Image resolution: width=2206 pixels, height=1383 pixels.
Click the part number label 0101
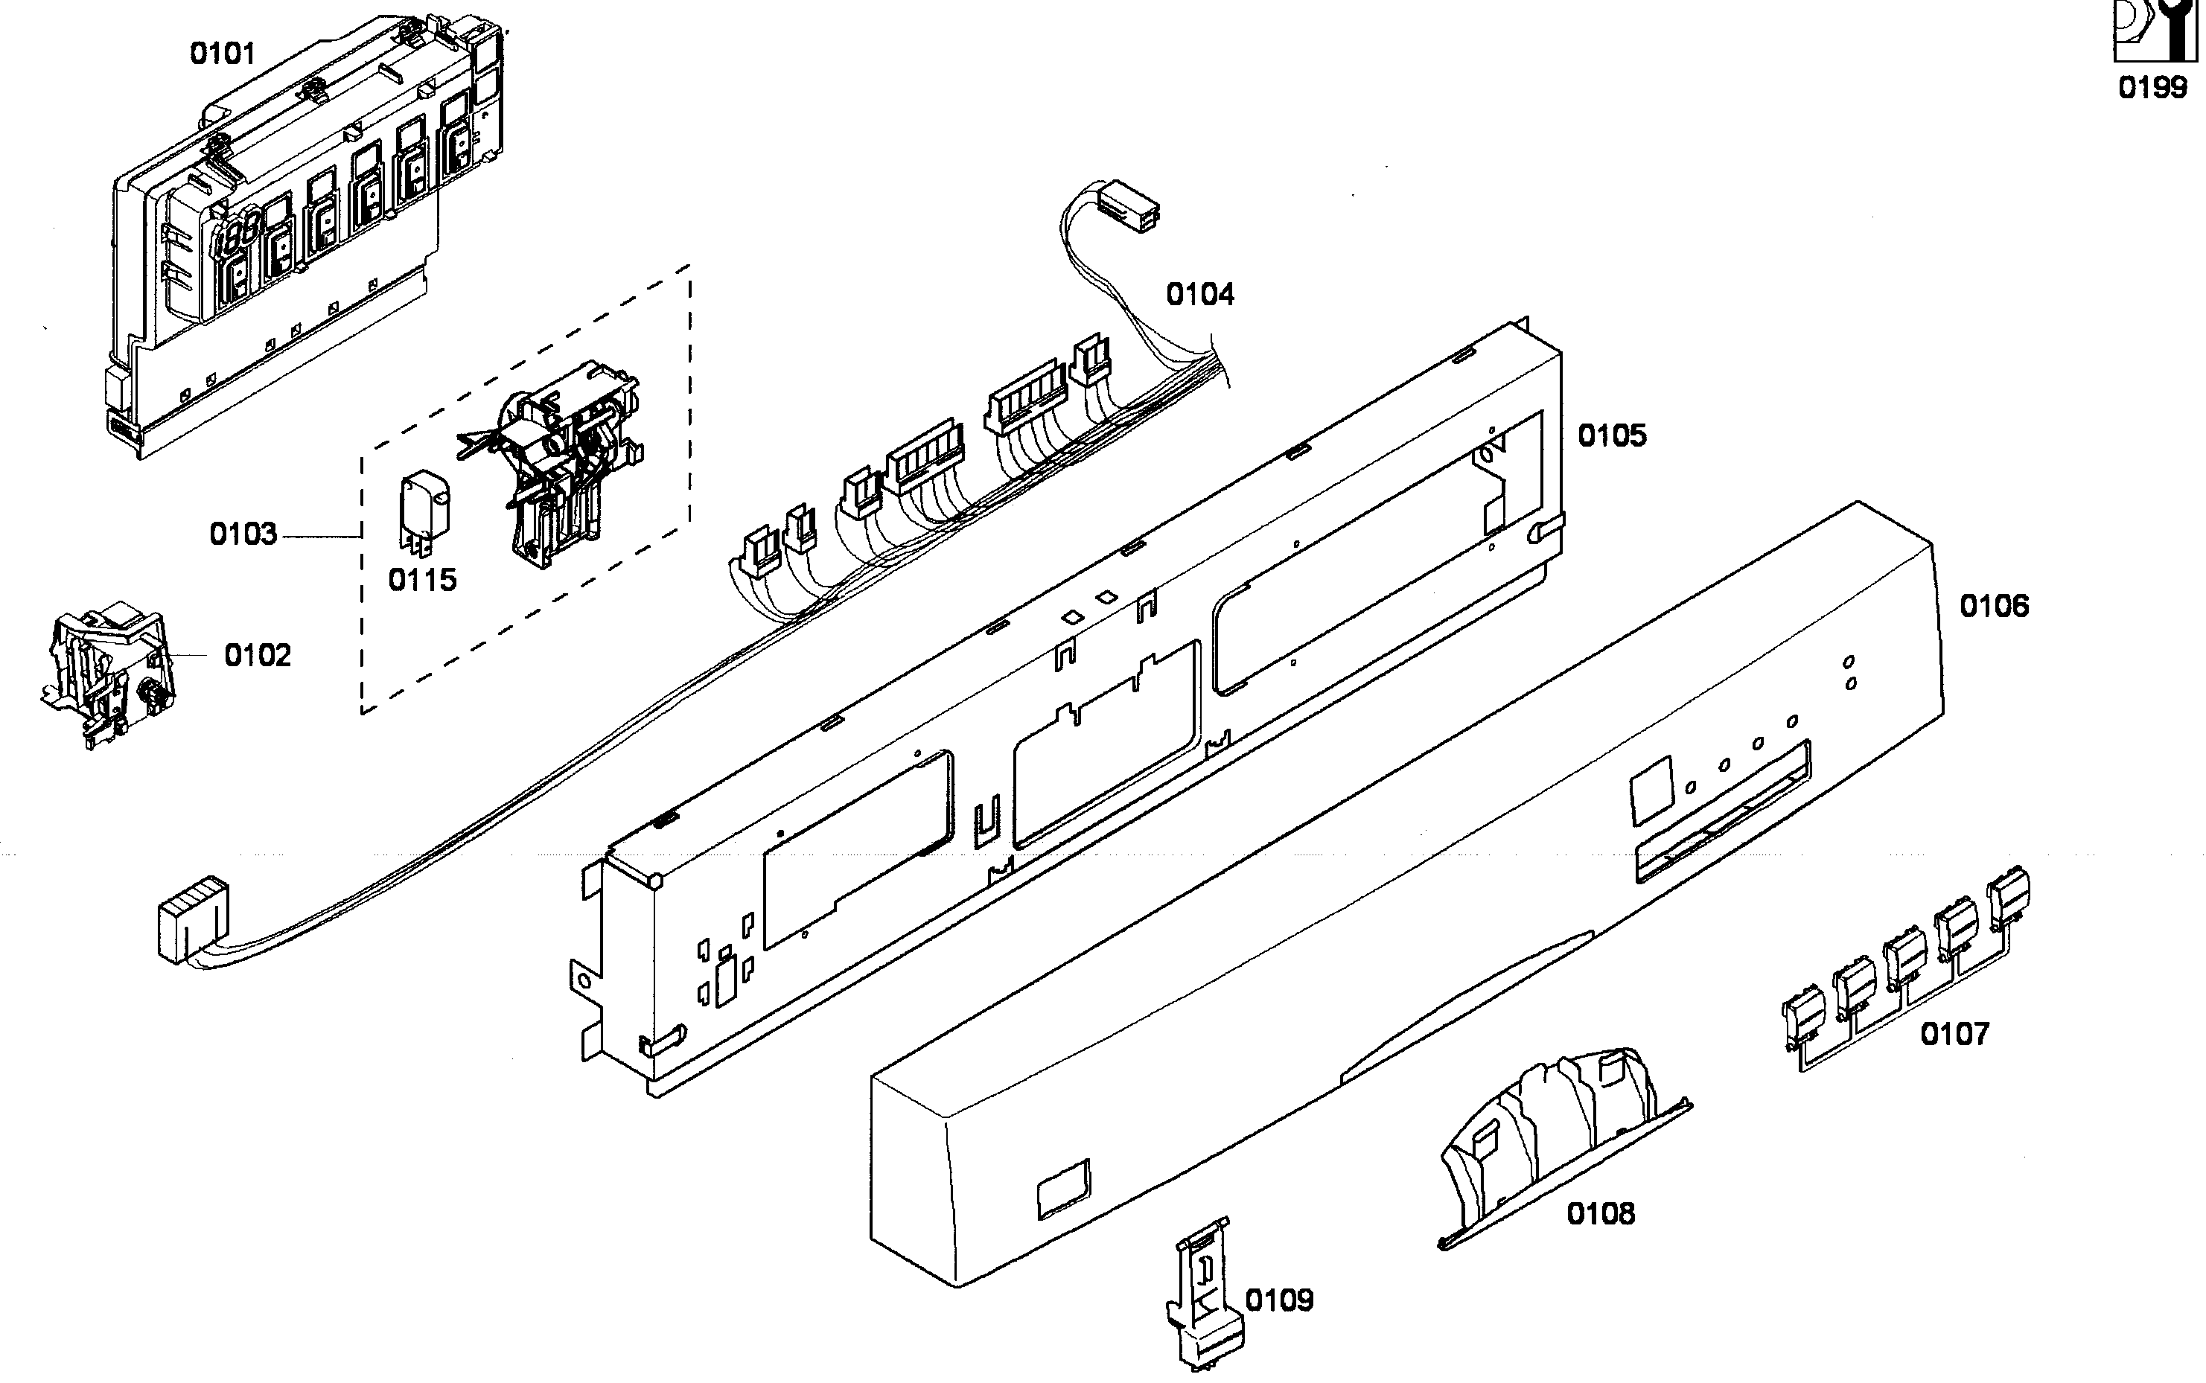[x=223, y=54]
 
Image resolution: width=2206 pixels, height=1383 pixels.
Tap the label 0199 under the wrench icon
[x=2152, y=88]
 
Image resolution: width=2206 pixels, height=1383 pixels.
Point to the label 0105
[x=1612, y=435]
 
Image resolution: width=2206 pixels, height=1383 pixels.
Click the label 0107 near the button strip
[x=1954, y=1035]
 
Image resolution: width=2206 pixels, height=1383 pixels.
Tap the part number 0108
[x=1601, y=1214]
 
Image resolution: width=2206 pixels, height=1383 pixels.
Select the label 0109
[x=1278, y=1300]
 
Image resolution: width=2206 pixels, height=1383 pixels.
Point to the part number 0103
[x=243, y=534]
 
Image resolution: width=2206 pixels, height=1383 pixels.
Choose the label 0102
[x=257, y=655]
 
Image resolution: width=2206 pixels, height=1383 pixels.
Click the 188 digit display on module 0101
[x=235, y=236]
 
